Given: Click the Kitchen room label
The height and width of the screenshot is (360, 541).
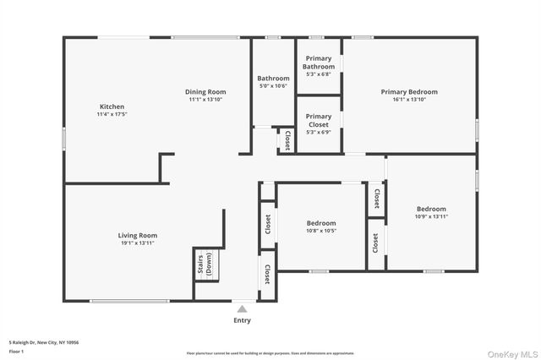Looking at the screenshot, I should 112,107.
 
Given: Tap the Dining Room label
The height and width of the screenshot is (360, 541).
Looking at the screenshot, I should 205,91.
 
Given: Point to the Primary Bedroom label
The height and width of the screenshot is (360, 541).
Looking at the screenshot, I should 409,91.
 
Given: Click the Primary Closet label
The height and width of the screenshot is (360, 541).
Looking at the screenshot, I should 319,120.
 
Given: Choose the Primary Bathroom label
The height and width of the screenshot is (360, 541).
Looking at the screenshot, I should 319,63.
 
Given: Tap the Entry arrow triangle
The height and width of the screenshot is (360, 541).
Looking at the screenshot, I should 242,309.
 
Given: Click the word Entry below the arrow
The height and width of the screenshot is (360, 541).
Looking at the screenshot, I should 242,320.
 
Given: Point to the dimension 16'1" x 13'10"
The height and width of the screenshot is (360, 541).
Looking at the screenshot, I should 409,100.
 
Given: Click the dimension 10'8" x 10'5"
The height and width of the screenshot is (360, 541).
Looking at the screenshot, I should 321,231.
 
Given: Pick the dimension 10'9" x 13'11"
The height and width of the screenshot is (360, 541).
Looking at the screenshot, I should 431,216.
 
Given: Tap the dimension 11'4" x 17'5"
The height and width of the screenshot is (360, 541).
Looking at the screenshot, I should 112,115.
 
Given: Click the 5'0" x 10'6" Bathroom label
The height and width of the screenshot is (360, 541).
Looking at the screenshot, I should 273,79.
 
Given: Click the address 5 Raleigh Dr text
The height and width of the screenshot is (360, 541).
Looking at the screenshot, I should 42,342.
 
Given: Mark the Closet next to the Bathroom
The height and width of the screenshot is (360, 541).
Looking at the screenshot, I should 287,140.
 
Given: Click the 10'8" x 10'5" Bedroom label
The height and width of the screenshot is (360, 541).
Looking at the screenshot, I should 321,223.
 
